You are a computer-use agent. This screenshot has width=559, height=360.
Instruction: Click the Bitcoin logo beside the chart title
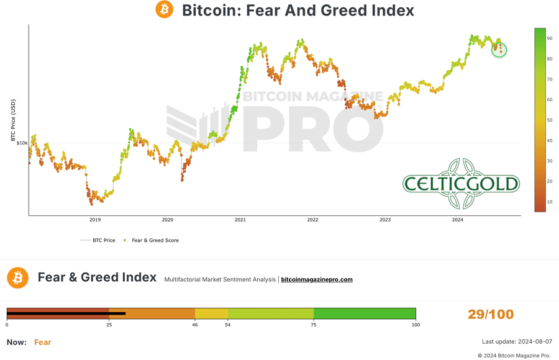pos(165,10)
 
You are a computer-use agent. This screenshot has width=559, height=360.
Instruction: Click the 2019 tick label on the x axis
pos(95,220)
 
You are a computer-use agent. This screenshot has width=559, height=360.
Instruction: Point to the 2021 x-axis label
pos(240,220)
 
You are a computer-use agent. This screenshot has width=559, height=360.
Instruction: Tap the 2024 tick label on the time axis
pos(458,220)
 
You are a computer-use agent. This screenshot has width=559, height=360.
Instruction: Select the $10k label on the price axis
pos(22,143)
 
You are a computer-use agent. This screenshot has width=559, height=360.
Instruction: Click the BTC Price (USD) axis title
pos(13,120)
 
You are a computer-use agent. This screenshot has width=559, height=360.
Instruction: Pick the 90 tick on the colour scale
pos(550,38)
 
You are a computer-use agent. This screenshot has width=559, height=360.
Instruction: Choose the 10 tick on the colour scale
pos(550,202)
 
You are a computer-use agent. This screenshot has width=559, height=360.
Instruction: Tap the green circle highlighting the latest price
pos(499,50)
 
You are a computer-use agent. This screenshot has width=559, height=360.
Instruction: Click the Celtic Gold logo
pos(461,183)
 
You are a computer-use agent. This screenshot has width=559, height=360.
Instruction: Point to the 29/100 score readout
pos(491,314)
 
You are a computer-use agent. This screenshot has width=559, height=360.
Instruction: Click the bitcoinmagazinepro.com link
pos(317,280)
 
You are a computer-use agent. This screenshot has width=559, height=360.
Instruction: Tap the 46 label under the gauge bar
pos(195,325)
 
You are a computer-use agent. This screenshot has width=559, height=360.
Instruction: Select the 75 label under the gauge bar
pos(314,325)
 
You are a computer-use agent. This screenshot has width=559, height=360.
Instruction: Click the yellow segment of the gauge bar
pos(211,313)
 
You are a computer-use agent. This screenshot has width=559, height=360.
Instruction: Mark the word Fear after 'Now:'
pos(43,342)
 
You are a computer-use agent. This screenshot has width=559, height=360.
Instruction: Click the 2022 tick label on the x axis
pos(312,220)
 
